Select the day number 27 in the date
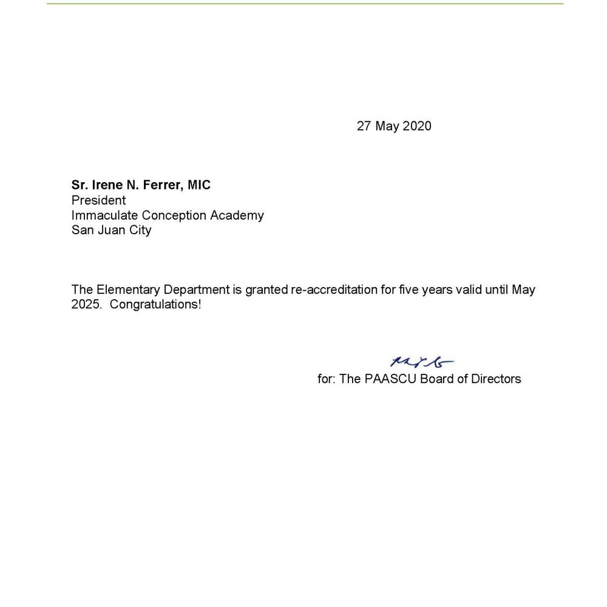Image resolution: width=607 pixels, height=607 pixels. pyautogui.click(x=364, y=126)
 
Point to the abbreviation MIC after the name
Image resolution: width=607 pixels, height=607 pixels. pyautogui.click(x=199, y=185)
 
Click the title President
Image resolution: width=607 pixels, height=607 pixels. pyautogui.click(x=98, y=200)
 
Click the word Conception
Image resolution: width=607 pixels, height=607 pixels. pyautogui.click(x=174, y=215)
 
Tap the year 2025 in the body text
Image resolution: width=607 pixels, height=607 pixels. pyautogui.click(x=85, y=305)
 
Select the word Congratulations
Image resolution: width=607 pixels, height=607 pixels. pyautogui.click(x=155, y=305)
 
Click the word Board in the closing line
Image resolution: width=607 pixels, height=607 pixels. pyautogui.click(x=436, y=379)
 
